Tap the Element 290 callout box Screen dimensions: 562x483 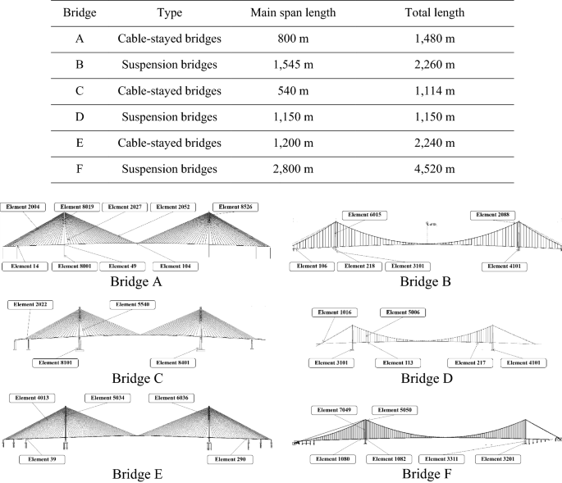[229, 459]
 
